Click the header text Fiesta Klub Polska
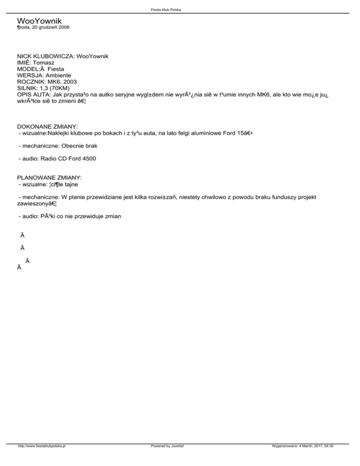(180, 9)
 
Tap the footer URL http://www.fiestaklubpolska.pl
(41, 459)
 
